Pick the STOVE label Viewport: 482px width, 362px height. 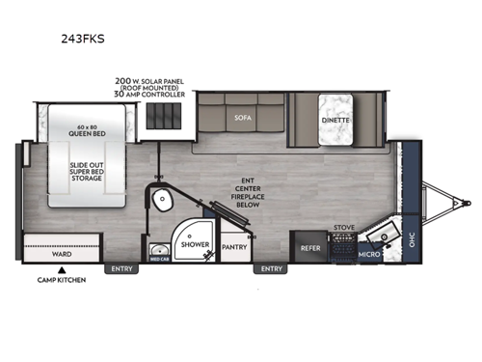pyautogui.click(x=344, y=230)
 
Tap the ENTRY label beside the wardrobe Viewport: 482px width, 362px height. pyautogui.click(x=121, y=268)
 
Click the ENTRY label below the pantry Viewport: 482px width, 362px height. pyautogui.click(x=271, y=268)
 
